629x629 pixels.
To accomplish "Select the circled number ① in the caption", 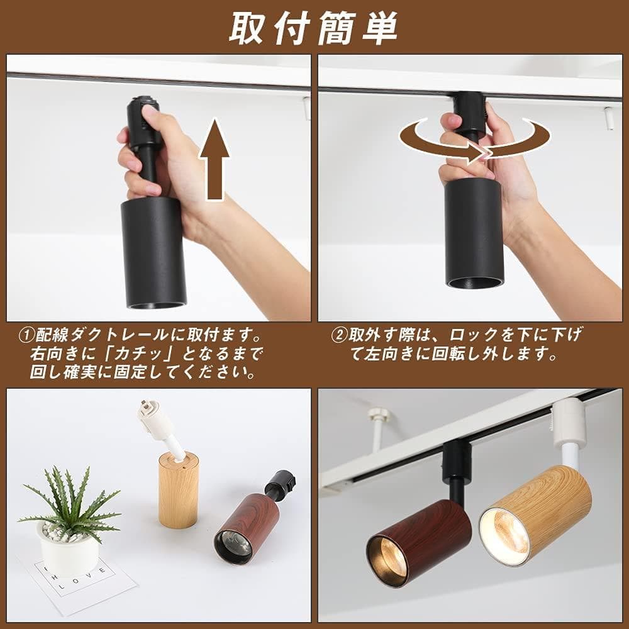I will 26,334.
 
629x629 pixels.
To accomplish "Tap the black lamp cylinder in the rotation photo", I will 474,233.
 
